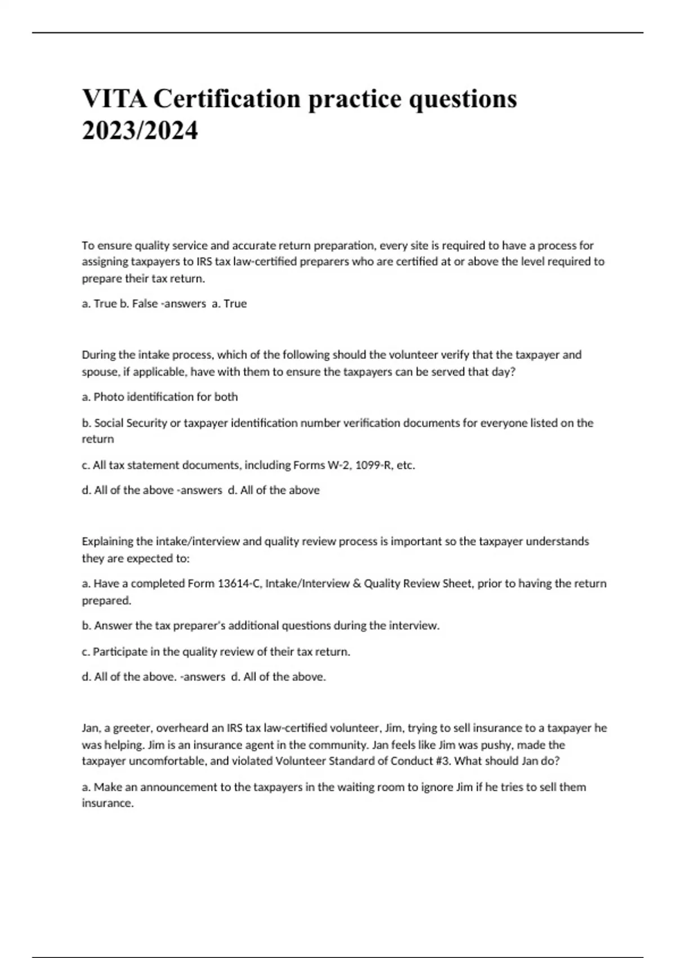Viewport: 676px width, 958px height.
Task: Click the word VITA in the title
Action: pyautogui.click(x=114, y=99)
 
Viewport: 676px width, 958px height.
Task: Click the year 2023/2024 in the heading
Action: pyautogui.click(x=140, y=131)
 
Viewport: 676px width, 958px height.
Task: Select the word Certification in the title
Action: pyautogui.click(x=227, y=99)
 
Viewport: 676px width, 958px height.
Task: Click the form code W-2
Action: pyautogui.click(x=339, y=465)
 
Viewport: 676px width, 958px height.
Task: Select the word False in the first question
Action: pyautogui.click(x=145, y=304)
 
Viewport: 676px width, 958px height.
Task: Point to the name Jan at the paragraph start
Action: pyautogui.click(x=90, y=728)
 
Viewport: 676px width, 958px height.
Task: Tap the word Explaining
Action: pyautogui.click(x=107, y=542)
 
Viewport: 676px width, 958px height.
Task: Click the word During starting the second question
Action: pyautogui.click(x=98, y=355)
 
